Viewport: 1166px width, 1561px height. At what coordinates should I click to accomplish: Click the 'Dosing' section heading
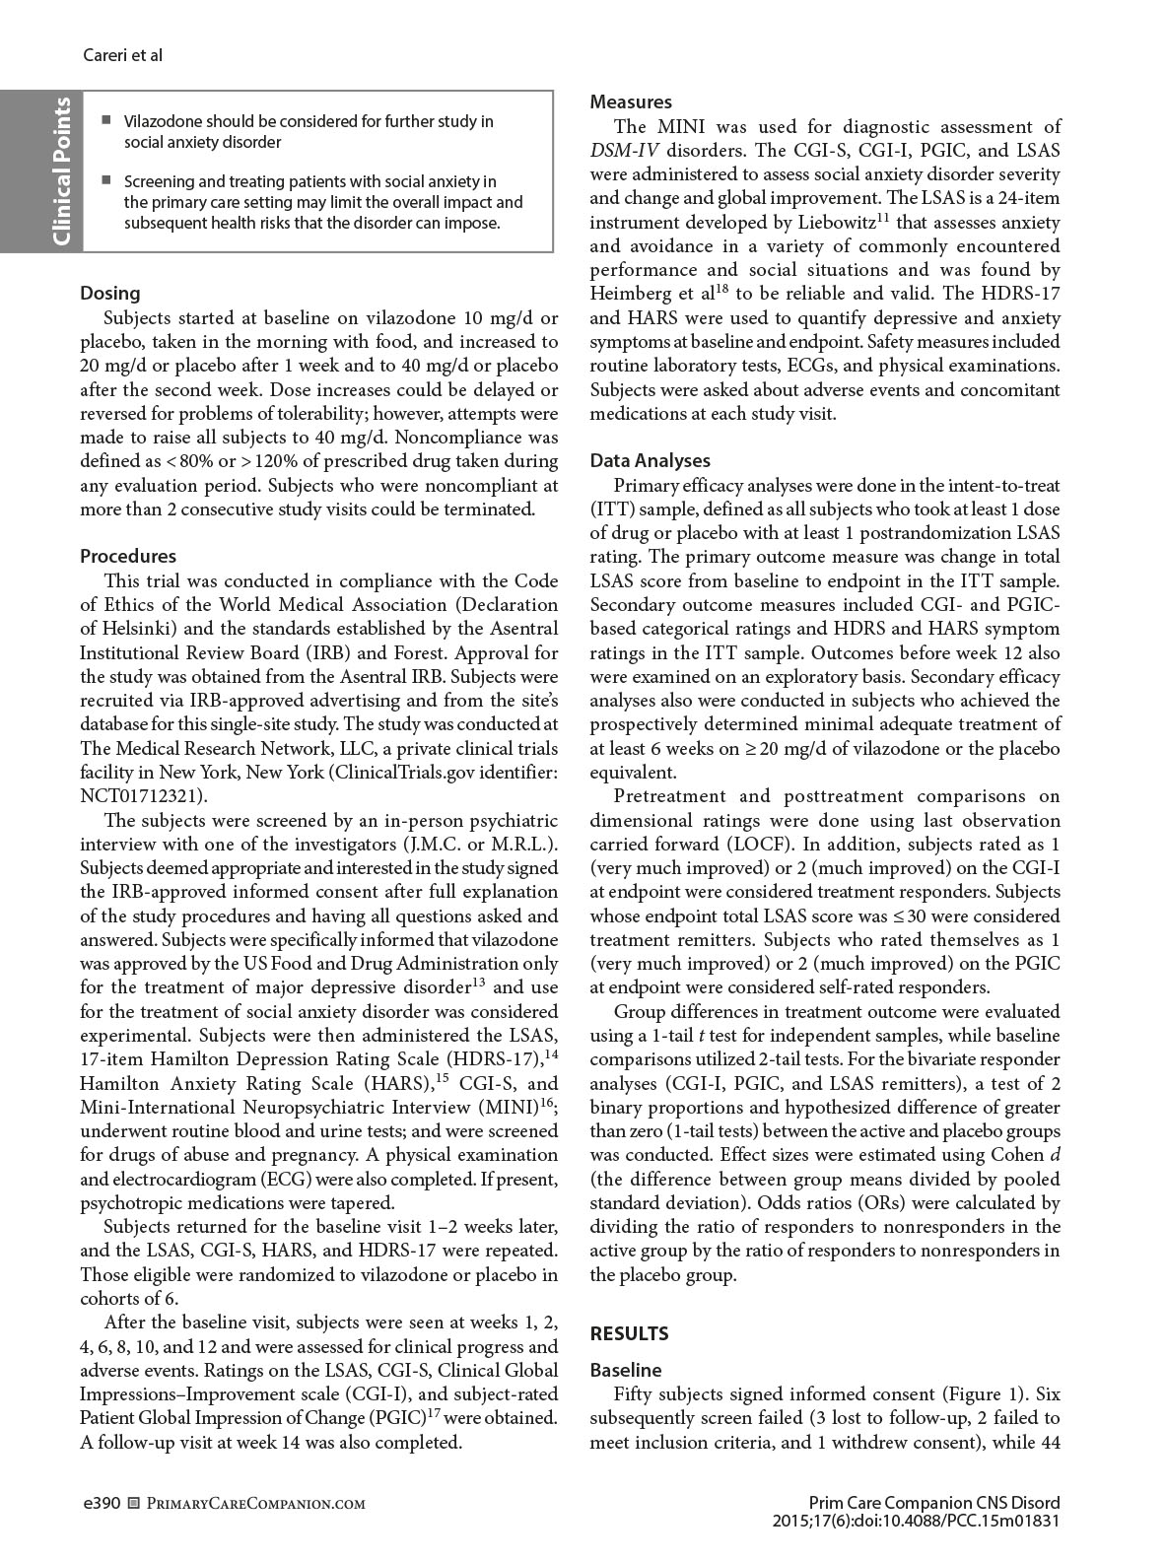(109, 293)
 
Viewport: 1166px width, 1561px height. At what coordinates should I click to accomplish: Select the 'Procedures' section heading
(128, 556)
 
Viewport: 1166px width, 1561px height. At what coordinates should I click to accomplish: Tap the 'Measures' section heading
(631, 102)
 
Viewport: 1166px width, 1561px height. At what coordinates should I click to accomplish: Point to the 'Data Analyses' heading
(650, 460)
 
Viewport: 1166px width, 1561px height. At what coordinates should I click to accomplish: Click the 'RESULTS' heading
(629, 1333)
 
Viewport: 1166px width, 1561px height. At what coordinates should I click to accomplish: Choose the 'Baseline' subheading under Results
(626, 1370)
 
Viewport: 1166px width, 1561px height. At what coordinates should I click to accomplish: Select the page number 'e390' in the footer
(100, 1504)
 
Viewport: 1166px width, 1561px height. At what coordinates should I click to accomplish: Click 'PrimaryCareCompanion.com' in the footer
(248, 1504)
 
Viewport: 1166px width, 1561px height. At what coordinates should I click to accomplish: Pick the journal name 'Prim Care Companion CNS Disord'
(933, 1503)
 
